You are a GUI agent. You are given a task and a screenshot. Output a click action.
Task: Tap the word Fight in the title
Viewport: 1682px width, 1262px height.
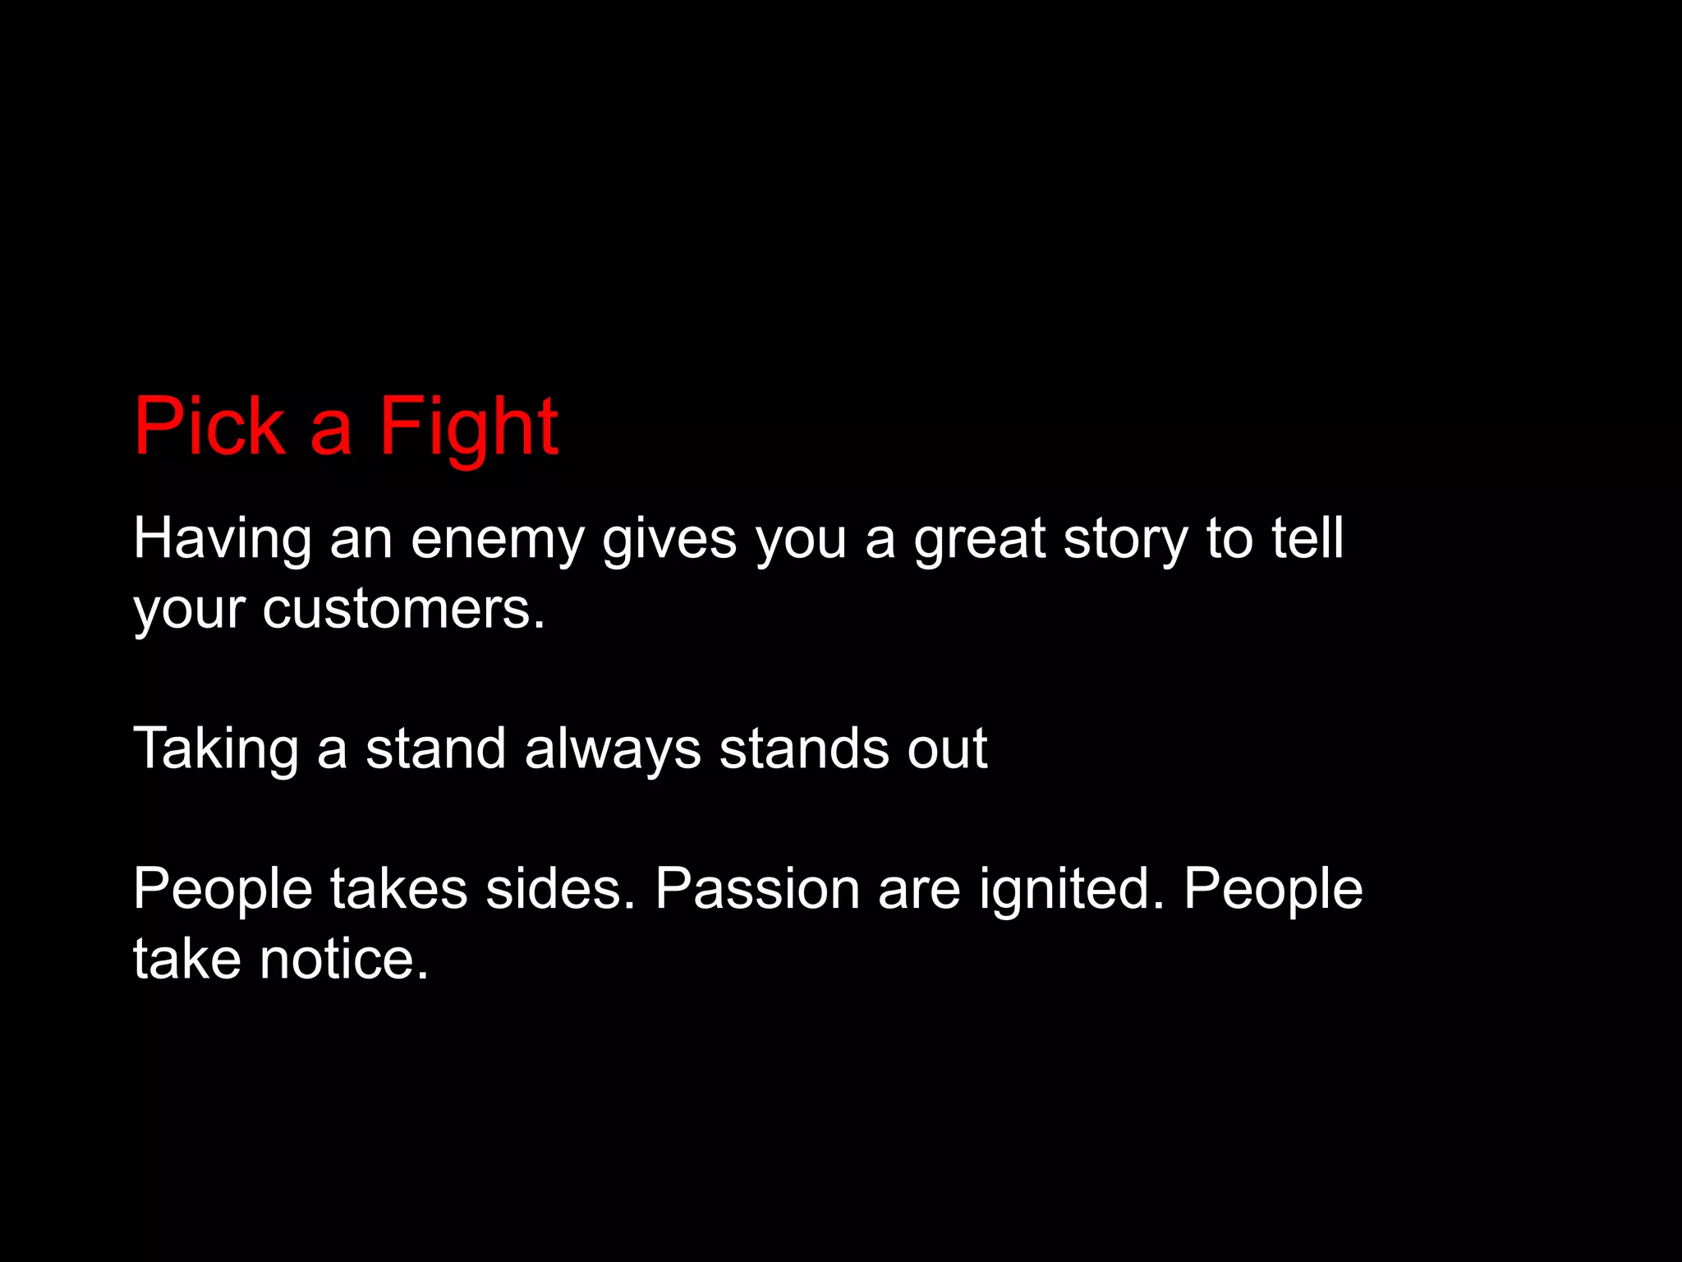pyautogui.click(x=468, y=427)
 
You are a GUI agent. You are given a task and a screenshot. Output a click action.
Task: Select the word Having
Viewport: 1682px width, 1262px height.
pyautogui.click(x=222, y=540)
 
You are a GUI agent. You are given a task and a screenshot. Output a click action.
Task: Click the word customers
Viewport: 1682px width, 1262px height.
pyautogui.click(x=403, y=610)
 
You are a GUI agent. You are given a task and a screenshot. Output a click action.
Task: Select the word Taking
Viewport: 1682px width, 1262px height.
pyautogui.click(x=216, y=750)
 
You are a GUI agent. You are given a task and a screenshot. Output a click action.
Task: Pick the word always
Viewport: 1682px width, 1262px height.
pyautogui.click(x=613, y=750)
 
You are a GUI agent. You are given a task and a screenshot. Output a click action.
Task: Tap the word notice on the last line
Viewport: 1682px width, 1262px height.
pyautogui.click(x=344, y=960)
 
